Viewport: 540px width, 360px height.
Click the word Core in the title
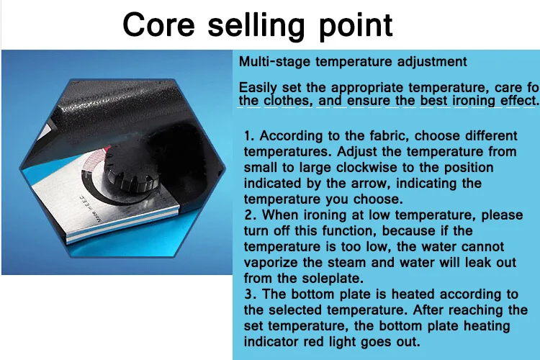click(159, 24)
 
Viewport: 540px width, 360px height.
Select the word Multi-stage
click(275, 62)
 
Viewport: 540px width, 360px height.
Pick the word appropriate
click(367, 88)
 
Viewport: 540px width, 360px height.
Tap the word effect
click(519, 101)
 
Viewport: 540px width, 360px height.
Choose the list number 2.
click(251, 215)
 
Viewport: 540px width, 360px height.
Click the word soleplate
click(333, 279)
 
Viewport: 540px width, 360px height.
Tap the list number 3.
click(251, 294)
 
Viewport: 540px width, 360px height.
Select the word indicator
click(271, 342)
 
